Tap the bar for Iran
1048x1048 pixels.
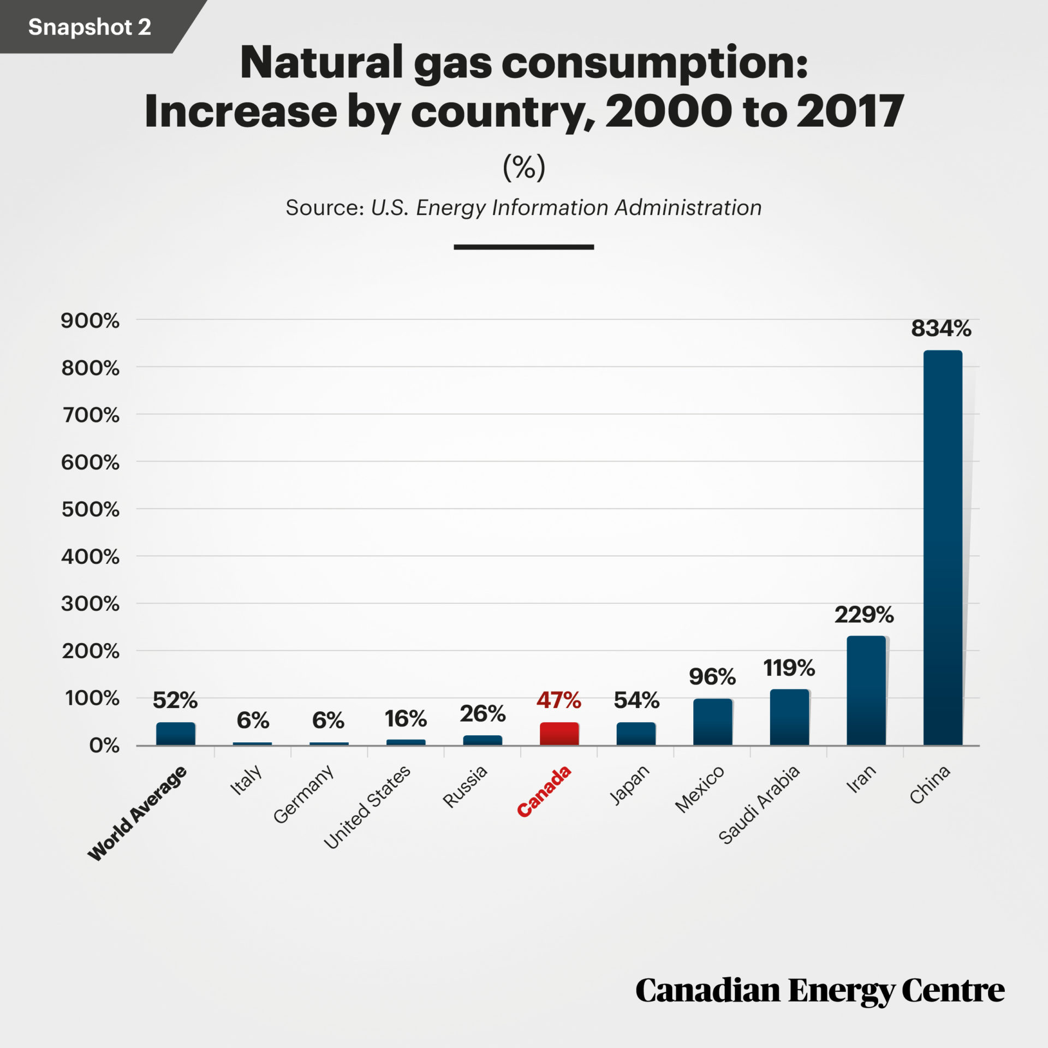pyautogui.click(x=866, y=690)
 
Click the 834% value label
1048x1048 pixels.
pyautogui.click(x=941, y=329)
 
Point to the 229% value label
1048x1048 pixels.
pyautogui.click(x=864, y=615)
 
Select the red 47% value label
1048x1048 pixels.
pyautogui.click(x=558, y=700)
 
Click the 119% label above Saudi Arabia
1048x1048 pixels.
pyautogui.click(x=789, y=668)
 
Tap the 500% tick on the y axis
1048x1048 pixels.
pyautogui.click(x=90, y=509)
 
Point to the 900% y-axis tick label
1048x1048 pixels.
pyautogui.click(x=90, y=320)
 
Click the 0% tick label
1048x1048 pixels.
pyautogui.click(x=104, y=746)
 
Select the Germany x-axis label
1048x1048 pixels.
pyautogui.click(x=303, y=794)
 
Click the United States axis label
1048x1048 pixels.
pyautogui.click(x=367, y=807)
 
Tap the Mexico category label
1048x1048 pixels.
pyautogui.click(x=700, y=789)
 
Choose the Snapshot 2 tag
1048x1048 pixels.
pyautogui.click(x=90, y=27)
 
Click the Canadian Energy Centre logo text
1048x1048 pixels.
pyautogui.click(x=819, y=991)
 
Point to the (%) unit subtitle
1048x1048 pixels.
pyautogui.click(x=523, y=167)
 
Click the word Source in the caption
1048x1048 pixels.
pyautogui.click(x=324, y=208)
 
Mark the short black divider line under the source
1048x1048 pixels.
pyautogui.click(x=523, y=247)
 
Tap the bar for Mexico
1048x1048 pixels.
pyautogui.click(x=712, y=722)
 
